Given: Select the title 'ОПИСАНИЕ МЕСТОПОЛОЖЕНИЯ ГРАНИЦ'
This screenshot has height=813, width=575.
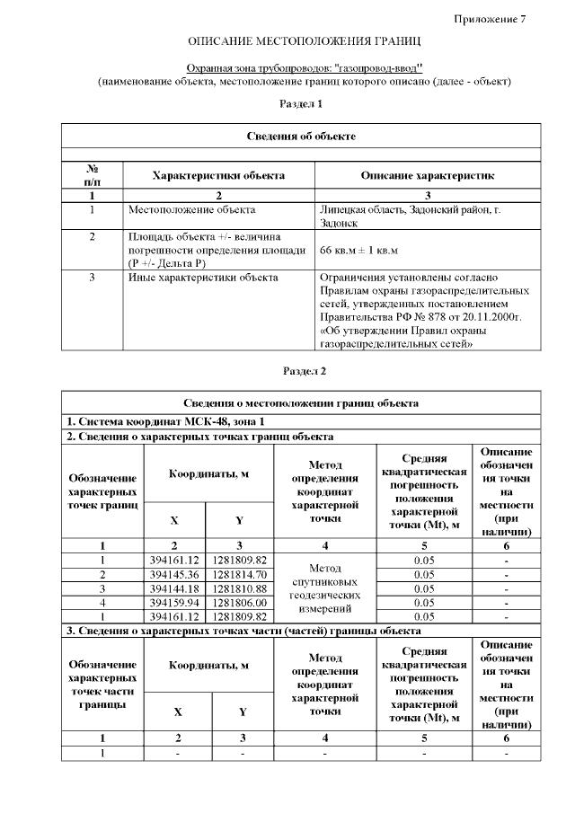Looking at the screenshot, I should [304, 42].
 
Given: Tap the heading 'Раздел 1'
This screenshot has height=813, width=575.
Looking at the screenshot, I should [301, 104].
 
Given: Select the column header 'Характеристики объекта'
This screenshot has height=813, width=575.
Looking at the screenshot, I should [218, 175].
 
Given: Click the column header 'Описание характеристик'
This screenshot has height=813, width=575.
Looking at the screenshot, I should [427, 175].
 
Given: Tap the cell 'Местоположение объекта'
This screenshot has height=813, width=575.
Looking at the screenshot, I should [191, 210].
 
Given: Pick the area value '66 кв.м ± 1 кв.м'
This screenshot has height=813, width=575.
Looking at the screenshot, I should [359, 250].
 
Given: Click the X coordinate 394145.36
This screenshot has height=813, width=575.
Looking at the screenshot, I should [174, 574].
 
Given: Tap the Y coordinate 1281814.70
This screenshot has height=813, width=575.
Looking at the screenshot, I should [239, 574].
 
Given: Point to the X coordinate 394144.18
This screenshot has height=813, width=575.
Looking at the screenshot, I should [174, 588].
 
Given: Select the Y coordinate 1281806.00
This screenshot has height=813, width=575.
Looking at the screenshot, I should [239, 603].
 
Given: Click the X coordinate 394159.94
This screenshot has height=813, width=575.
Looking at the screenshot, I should [174, 603].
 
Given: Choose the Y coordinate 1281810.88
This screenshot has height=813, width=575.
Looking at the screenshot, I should [239, 588].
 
